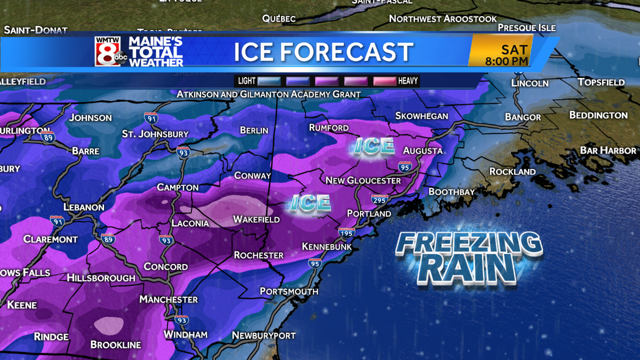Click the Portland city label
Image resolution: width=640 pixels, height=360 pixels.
click(x=369, y=213)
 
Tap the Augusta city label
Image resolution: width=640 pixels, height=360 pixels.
click(x=422, y=151)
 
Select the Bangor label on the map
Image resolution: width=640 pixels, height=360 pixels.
click(x=523, y=117)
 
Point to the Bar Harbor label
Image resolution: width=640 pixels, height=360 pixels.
click(x=608, y=150)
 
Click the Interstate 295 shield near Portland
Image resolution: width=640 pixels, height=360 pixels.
click(x=379, y=199)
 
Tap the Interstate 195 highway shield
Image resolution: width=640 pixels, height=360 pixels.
click(x=346, y=233)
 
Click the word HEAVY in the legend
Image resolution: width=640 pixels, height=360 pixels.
click(x=408, y=81)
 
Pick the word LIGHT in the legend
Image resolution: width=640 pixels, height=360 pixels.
click(x=246, y=81)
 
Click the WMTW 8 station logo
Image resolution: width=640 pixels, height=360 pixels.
click(x=111, y=52)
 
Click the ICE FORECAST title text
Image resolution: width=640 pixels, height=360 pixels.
click(x=323, y=52)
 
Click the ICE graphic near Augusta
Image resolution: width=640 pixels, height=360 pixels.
click(x=374, y=146)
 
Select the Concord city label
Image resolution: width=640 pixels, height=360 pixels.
click(x=165, y=267)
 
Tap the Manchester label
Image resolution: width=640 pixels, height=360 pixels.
click(x=169, y=300)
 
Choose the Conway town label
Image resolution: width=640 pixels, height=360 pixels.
click(x=252, y=175)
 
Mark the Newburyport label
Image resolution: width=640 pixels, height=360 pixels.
click(x=263, y=335)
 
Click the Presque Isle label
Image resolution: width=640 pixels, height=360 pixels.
click(x=526, y=28)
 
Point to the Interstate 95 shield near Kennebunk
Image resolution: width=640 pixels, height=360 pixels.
click(x=315, y=263)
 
